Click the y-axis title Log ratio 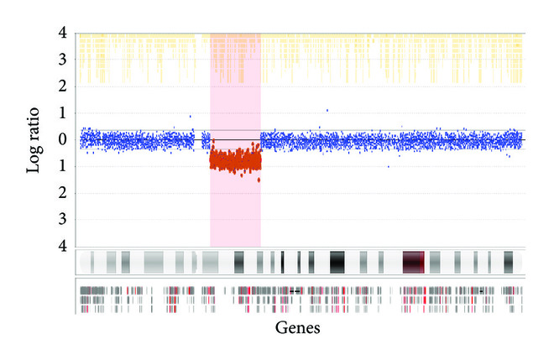[34, 138]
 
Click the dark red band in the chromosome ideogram [413, 262]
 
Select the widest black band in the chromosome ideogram [337, 262]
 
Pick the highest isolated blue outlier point [327, 110]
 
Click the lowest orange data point [259, 180]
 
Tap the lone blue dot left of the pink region [191, 117]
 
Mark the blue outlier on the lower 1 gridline [389, 166]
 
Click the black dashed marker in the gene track [295, 290]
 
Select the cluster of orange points [235, 159]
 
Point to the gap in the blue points [198, 138]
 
